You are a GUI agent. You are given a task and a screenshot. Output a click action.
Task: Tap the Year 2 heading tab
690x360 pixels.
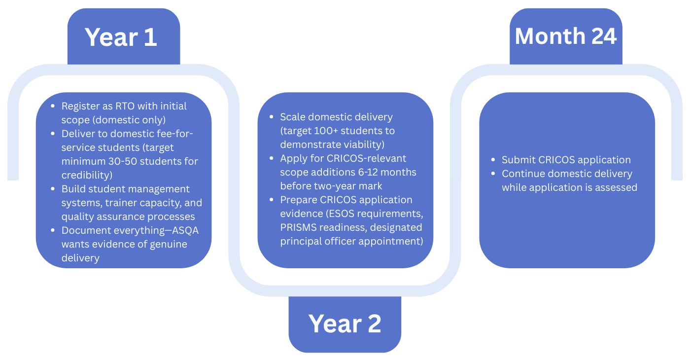pyautogui.click(x=345, y=324)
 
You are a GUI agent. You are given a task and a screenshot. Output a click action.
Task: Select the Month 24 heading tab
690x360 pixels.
pyautogui.click(x=566, y=36)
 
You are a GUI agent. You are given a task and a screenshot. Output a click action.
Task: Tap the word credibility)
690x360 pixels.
pyautogui.click(x=87, y=175)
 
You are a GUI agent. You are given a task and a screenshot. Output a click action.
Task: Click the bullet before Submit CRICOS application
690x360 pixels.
pyautogui.click(x=494, y=160)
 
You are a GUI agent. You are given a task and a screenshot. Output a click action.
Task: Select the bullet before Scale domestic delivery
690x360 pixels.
pyautogui.click(x=272, y=117)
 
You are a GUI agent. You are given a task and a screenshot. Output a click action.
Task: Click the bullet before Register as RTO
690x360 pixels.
pyautogui.click(x=53, y=106)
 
